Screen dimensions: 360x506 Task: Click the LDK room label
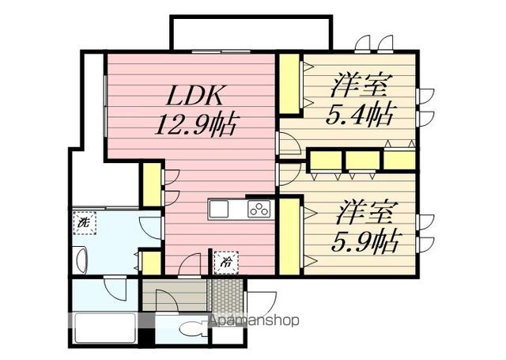(x=198, y=97)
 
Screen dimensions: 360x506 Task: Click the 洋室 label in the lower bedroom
(x=365, y=211)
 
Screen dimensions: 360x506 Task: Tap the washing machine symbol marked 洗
(x=83, y=224)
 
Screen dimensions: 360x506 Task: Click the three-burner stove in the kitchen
(x=259, y=209)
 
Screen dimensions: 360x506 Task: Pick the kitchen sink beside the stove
(x=219, y=209)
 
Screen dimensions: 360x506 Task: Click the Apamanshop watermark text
(x=253, y=321)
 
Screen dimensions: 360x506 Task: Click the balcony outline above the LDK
(x=247, y=32)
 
